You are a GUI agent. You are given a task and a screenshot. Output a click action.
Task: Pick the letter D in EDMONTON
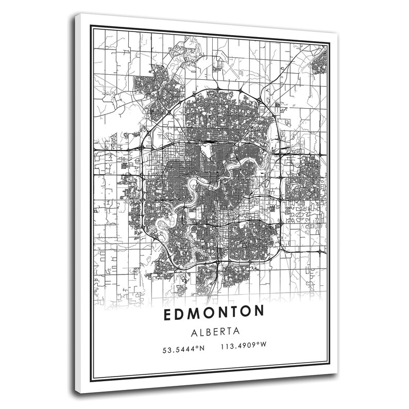[180, 314]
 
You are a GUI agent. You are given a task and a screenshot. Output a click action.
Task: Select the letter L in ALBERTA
[197, 332]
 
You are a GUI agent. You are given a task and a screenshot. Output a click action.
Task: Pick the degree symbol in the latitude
[197, 348]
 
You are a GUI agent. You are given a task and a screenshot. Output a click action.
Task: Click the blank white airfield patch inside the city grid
[207, 150]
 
